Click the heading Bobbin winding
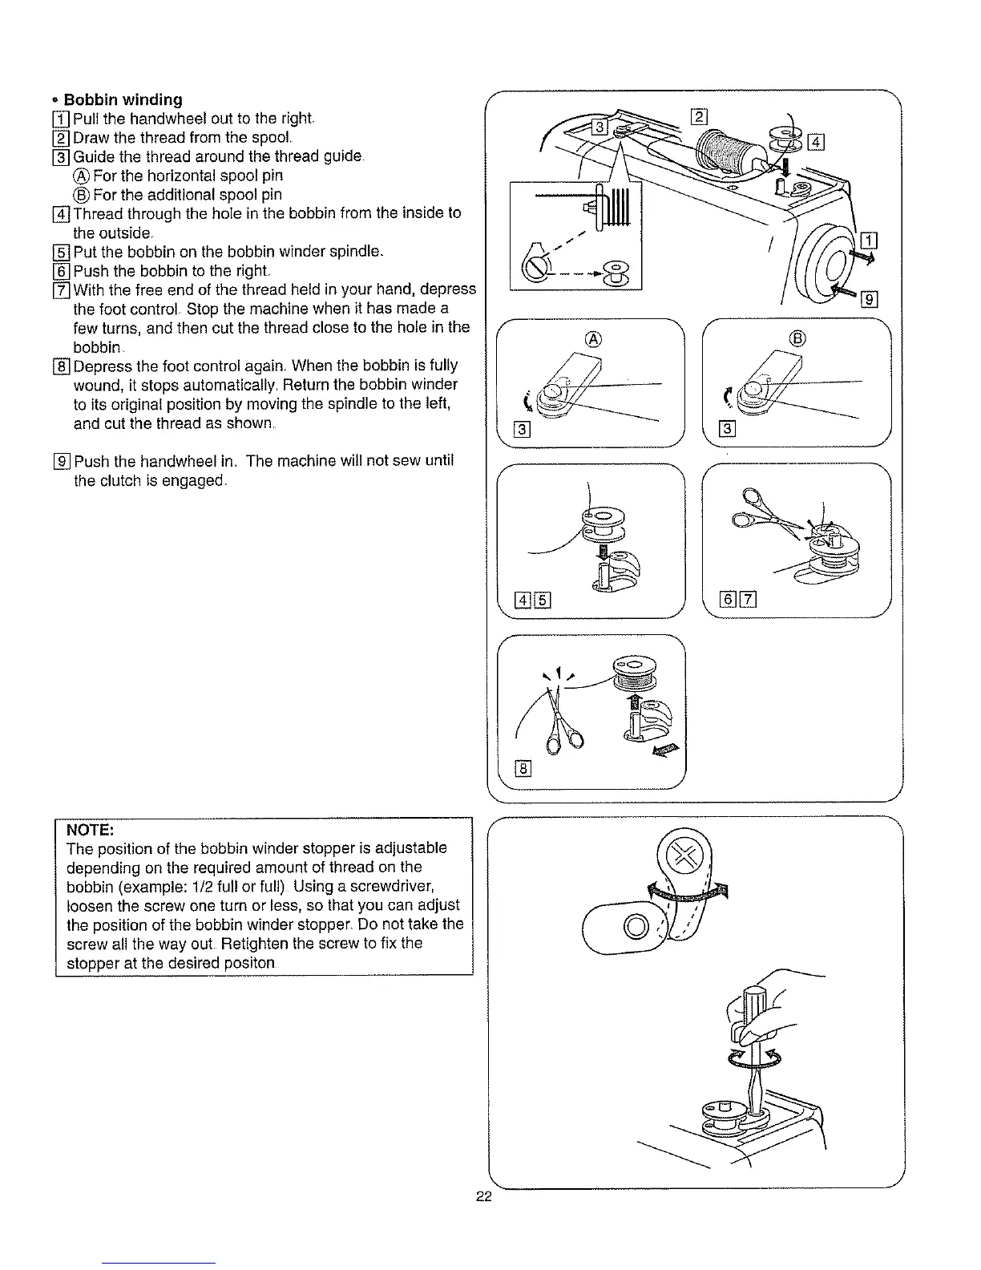pos(123,99)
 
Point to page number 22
pos(482,1197)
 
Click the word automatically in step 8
pos(252,385)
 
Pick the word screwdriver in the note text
pos(392,886)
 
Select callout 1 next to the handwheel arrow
pos(868,240)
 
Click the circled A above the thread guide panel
pos(593,338)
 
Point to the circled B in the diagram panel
pos(796,338)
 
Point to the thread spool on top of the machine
pos(725,150)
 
